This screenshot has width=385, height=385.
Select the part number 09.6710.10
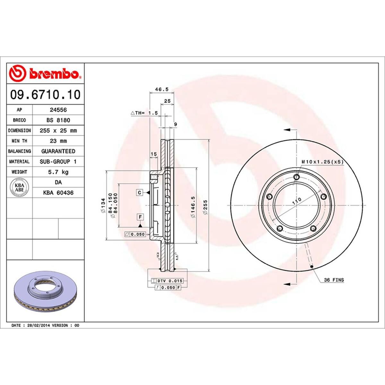(45, 95)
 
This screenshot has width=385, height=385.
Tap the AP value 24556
(58, 110)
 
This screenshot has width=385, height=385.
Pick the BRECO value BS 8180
(58, 120)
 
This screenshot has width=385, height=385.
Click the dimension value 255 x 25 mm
(58, 131)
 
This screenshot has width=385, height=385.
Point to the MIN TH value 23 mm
(58, 141)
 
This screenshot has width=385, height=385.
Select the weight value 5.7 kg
(58, 172)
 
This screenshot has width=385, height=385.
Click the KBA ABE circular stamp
(20, 187)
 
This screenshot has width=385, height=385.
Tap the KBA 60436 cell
(58, 193)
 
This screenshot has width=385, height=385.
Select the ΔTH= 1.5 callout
(144, 113)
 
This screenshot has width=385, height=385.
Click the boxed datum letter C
(140, 193)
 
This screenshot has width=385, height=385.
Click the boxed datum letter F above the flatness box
(140, 217)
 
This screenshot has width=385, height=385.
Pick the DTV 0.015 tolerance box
(167, 281)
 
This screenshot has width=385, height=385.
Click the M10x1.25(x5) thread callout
(322, 162)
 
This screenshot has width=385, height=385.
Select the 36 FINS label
(334, 280)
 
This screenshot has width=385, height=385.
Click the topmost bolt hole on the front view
(296, 177)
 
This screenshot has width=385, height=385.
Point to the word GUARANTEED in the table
(58, 151)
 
